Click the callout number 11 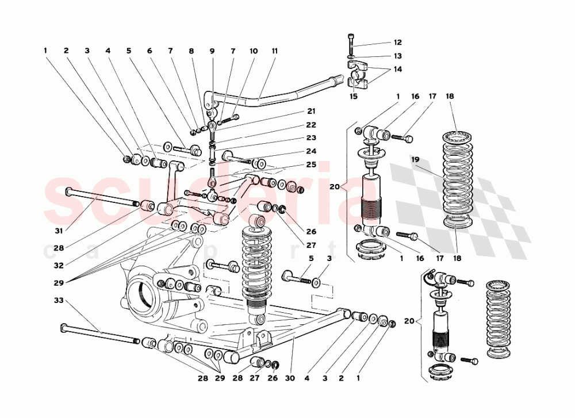click(274, 51)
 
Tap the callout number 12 click(398, 43)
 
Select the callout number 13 click(398, 56)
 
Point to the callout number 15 click(354, 96)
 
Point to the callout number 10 click(254, 51)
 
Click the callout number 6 click(149, 51)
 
